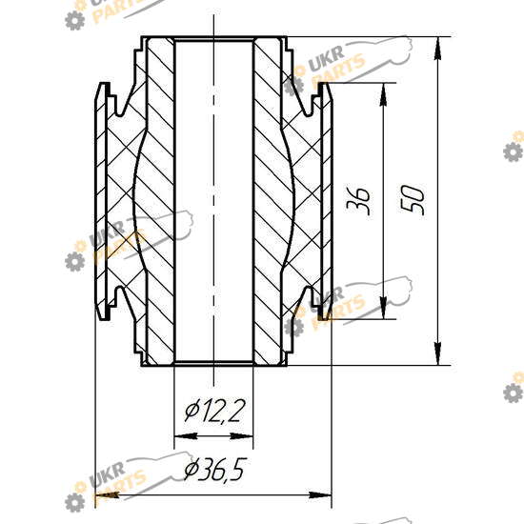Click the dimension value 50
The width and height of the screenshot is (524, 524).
(413, 200)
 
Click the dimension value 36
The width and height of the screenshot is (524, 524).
(358, 200)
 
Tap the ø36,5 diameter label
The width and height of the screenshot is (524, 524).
(215, 469)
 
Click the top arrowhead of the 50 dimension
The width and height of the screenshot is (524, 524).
(438, 49)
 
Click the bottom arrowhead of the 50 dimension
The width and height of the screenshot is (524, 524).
(438, 353)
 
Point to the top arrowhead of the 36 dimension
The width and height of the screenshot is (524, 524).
(384, 94)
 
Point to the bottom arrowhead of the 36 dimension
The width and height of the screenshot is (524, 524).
(384, 308)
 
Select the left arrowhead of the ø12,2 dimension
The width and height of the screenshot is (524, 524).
(186, 436)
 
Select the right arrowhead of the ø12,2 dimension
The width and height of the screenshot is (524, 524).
(242, 436)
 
